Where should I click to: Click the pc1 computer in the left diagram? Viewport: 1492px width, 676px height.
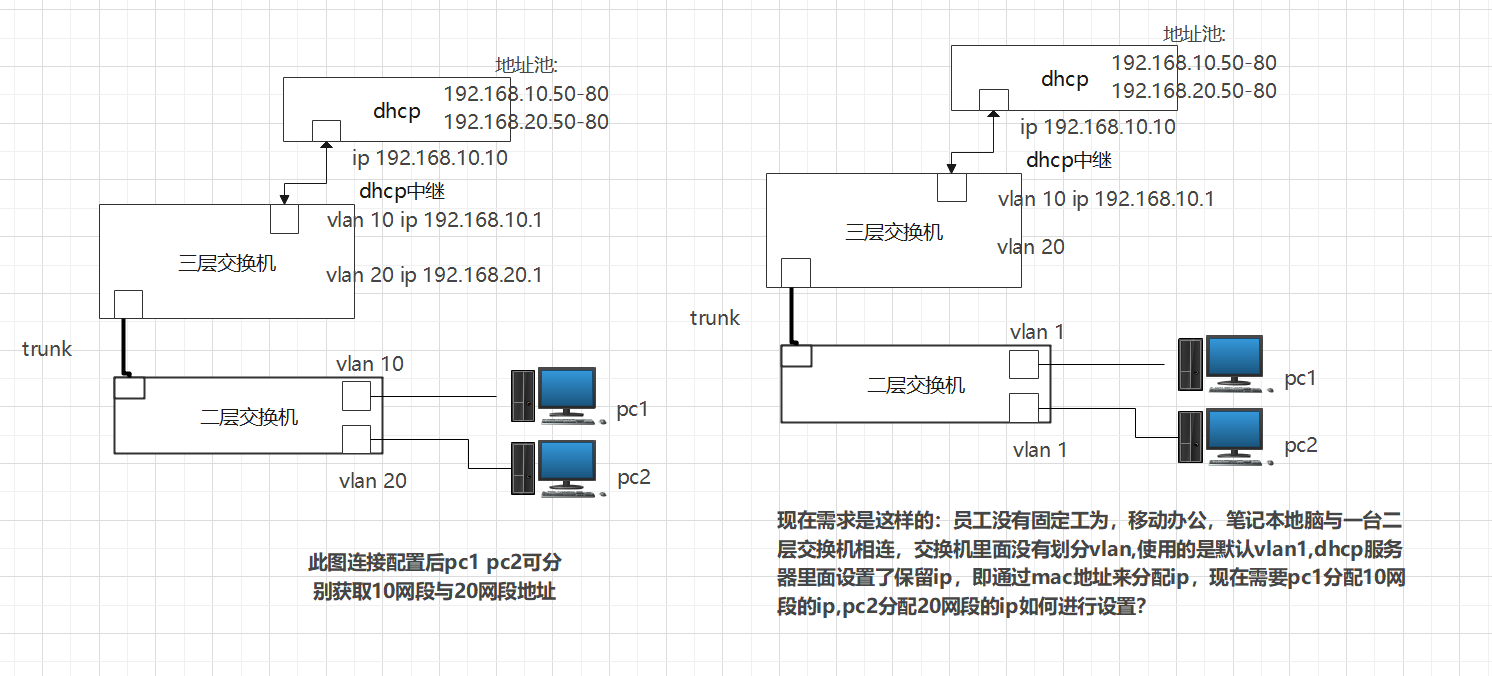pos(557,394)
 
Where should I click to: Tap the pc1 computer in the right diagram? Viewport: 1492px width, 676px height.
pos(1226,361)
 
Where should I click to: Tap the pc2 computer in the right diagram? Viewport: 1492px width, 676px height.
pos(1226,436)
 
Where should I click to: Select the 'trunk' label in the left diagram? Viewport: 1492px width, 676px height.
pos(47,349)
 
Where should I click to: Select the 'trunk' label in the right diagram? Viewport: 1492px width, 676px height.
pos(715,318)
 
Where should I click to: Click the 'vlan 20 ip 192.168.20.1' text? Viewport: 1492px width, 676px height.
pos(434,274)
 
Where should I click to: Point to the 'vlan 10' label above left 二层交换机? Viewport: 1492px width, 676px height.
pos(371,363)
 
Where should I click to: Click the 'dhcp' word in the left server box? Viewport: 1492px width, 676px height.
pos(397,111)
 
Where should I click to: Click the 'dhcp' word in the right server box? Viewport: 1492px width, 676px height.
pos(1065,79)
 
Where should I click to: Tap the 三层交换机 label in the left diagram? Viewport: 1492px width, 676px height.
pos(227,264)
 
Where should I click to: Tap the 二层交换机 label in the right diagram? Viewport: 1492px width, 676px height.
pos(916,384)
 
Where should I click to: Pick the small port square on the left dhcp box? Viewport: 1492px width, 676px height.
pos(326,131)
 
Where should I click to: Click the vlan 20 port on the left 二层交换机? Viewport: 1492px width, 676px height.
pos(357,439)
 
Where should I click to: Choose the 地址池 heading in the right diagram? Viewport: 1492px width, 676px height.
pos(1194,35)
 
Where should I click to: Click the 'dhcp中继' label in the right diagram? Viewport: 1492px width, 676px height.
pos(1069,160)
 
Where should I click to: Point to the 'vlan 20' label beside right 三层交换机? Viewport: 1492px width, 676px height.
pos(1031,246)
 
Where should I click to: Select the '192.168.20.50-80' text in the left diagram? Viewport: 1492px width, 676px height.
pos(525,122)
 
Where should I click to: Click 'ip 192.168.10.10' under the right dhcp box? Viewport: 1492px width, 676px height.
pos(1098,127)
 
